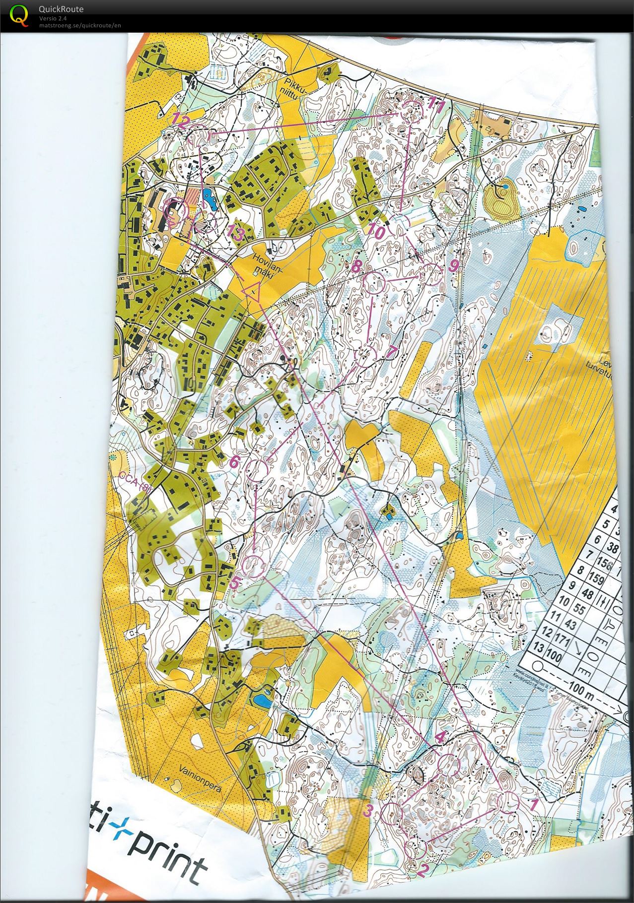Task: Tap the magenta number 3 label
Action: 367,811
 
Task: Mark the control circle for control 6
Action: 257,469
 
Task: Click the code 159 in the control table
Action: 595,579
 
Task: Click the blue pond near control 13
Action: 209,197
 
